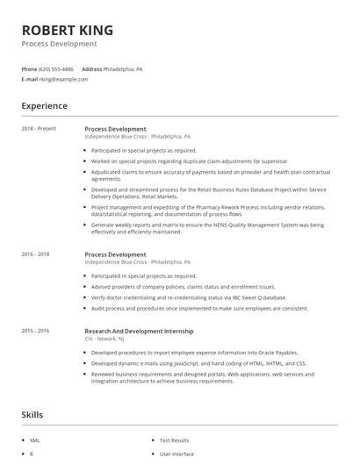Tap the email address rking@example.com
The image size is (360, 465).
(63, 79)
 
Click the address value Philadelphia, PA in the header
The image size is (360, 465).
(123, 68)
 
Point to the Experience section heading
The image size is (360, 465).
(44, 106)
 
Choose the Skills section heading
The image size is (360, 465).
(32, 415)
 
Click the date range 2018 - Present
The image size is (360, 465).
(39, 129)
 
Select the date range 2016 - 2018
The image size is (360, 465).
(36, 254)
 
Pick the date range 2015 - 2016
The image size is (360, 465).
(36, 331)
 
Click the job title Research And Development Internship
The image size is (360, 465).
(139, 331)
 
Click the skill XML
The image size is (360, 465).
(35, 440)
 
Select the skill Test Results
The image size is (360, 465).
(173, 440)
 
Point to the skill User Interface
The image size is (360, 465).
(176, 454)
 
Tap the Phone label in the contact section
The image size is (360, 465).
(29, 68)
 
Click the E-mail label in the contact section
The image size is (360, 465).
(29, 79)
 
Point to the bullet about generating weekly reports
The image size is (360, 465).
(207, 227)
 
